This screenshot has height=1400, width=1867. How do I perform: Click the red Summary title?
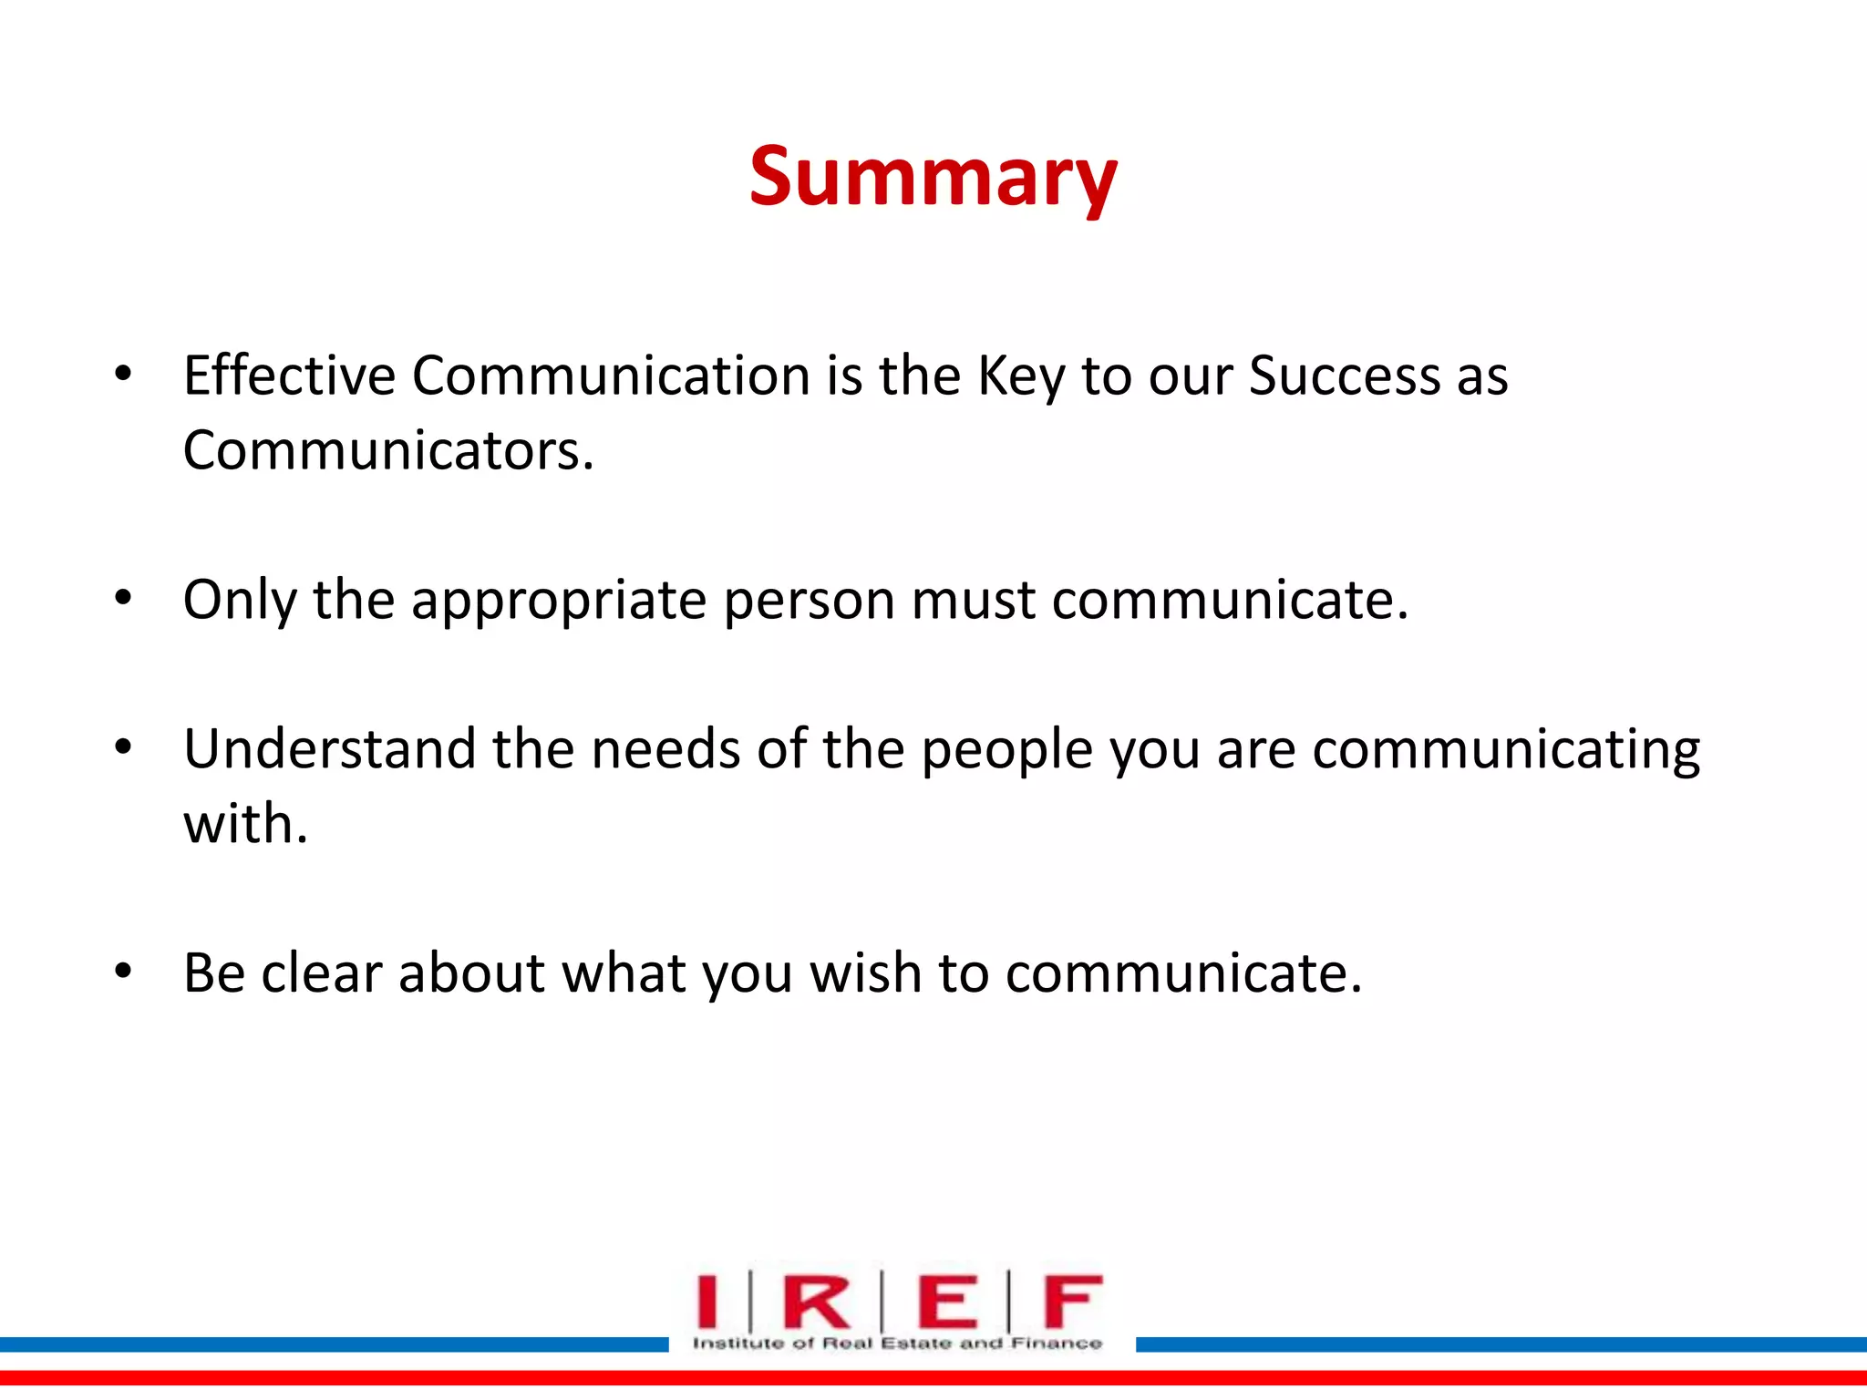pos(933,178)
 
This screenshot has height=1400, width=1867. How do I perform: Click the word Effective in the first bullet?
pos(289,376)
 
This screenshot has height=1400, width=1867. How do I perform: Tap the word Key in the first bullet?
pos(1020,377)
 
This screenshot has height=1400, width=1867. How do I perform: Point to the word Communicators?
pos(387,450)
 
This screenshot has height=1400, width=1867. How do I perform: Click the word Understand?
pos(329,749)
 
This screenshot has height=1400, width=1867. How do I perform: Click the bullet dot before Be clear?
pos(123,972)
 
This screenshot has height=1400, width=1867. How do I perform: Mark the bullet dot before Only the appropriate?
pos(123,599)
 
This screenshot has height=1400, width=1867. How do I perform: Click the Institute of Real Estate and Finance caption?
pos(897,1343)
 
